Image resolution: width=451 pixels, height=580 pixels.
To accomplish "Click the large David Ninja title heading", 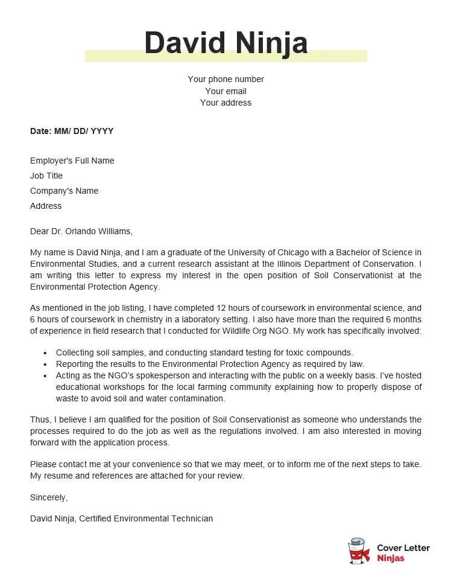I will coord(225,43).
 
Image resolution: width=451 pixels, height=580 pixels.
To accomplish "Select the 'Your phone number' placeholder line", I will coord(225,79).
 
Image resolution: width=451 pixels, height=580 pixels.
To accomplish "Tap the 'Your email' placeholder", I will coord(225,91).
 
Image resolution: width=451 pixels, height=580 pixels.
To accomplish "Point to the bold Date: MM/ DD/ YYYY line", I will coord(72,131).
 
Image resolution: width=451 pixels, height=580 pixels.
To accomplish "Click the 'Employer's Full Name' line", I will coord(72,161).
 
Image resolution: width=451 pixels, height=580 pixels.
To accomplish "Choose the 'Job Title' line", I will coord(46,176).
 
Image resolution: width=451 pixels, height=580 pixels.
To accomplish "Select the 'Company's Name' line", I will coord(64,191).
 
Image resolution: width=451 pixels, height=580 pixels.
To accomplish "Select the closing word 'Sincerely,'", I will coord(49,497).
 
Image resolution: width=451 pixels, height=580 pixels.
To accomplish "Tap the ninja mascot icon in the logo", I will coord(359,551).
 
